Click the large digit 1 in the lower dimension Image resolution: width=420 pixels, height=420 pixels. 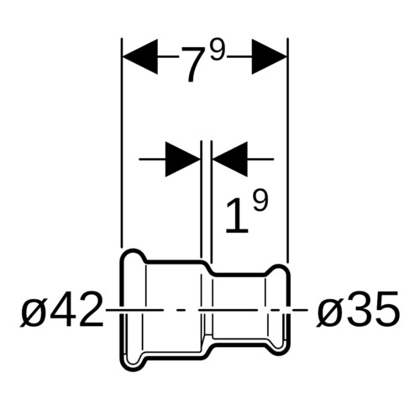pos(237,215)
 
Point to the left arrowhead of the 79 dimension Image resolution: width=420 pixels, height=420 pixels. pos(140,57)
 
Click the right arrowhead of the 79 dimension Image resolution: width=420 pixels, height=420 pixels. pos(270,57)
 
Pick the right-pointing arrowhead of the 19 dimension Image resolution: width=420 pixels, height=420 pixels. pos(183,160)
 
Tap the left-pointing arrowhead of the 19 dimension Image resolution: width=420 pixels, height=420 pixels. pos(230,160)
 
